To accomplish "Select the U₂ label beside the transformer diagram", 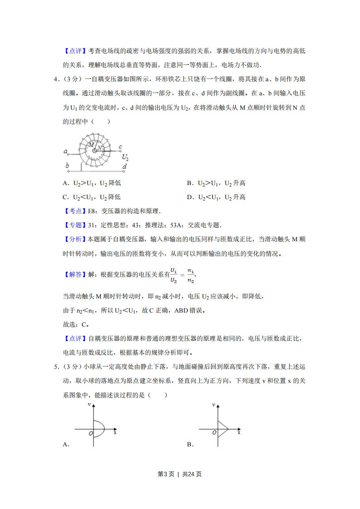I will tap(125, 157).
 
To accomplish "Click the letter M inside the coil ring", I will tap(91, 145).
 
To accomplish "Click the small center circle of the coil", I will tap(95, 150).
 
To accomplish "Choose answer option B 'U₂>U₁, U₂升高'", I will tap(216, 183).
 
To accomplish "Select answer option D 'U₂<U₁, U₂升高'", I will tap(216, 197).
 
